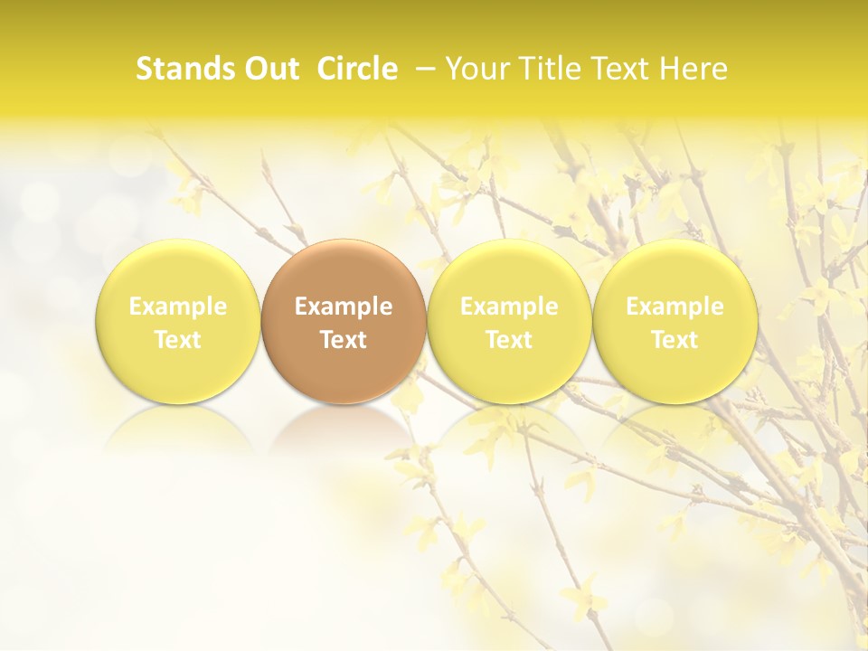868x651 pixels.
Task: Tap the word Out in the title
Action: coord(269,69)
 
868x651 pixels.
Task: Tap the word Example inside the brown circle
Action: coord(344,307)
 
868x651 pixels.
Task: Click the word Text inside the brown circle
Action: coord(344,340)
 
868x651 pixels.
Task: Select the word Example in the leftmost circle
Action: coord(178,307)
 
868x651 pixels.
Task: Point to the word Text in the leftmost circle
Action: coord(178,340)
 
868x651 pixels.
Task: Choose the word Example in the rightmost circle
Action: coord(675,307)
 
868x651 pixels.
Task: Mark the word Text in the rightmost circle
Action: coord(675,340)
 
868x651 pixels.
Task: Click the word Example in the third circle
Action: coord(509,307)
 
